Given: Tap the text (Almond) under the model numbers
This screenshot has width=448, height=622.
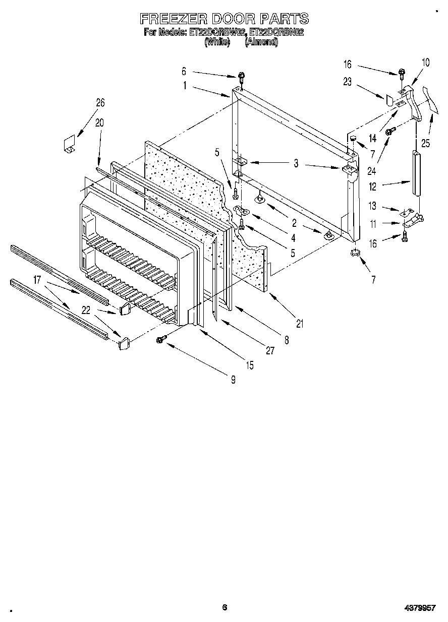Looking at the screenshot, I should point(261,42).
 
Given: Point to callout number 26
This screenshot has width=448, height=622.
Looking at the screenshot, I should point(100,103).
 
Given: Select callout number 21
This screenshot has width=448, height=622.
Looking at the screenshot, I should point(300,324).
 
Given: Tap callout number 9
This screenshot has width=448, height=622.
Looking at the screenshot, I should point(233,380).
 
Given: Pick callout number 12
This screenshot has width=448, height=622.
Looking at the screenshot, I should point(372,186).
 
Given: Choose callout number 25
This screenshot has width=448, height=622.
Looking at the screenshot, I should point(426,144).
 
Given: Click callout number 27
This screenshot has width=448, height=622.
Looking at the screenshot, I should point(270,351).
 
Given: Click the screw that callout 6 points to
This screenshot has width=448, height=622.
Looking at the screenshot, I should point(242,77).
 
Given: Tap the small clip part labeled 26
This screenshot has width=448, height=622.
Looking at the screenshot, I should point(69,142).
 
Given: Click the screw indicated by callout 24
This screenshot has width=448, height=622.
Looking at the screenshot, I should point(390,132).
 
